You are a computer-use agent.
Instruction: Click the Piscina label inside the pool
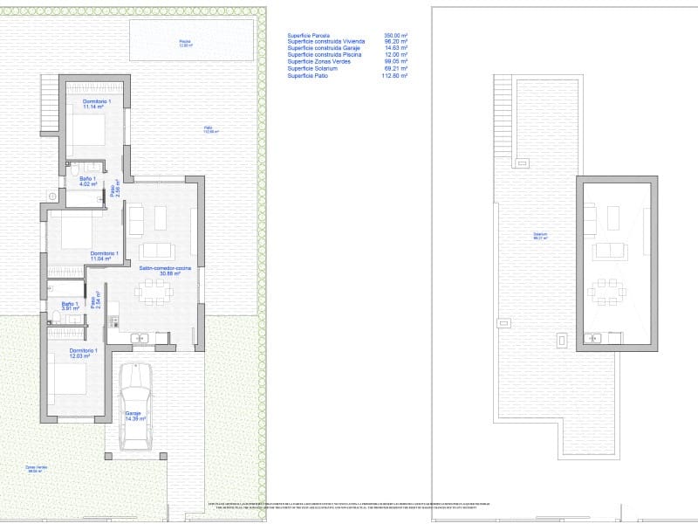click(185, 43)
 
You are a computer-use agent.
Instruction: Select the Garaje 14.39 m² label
click(133, 417)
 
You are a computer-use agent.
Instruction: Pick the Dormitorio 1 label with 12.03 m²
click(68, 353)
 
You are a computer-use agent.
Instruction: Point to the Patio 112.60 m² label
click(211, 131)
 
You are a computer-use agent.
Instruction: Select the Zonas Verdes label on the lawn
click(37, 469)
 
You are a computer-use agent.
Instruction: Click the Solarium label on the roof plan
click(541, 236)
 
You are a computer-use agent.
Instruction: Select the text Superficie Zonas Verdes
click(320, 62)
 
